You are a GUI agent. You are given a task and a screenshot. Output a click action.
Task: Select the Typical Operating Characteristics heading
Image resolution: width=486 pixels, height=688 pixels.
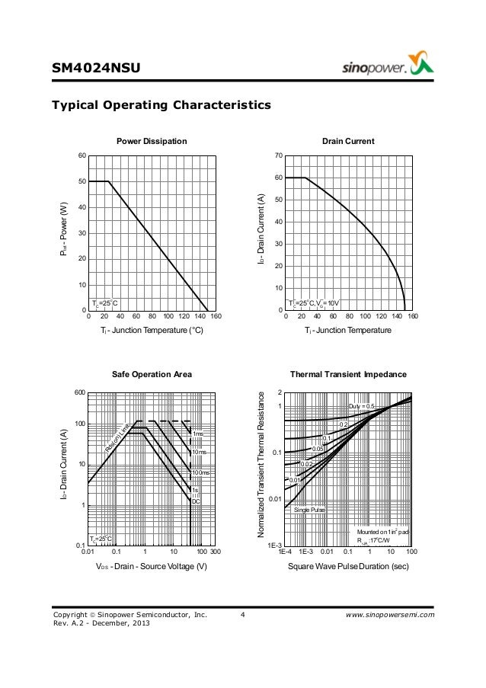click(x=161, y=104)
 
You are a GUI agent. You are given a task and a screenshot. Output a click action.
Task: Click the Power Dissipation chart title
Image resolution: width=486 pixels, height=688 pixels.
click(x=151, y=142)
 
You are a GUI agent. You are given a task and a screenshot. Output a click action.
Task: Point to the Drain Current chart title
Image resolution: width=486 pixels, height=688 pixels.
click(x=348, y=142)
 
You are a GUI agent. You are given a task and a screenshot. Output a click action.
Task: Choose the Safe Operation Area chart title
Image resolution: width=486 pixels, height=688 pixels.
click(x=152, y=375)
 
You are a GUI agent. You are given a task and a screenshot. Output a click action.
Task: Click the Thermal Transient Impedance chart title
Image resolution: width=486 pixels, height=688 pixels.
click(x=348, y=375)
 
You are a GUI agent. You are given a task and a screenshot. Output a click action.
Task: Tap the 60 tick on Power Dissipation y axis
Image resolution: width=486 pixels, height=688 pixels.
click(x=80, y=155)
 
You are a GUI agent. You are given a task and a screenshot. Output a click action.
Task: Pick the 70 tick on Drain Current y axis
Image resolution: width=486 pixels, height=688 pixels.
click(x=278, y=155)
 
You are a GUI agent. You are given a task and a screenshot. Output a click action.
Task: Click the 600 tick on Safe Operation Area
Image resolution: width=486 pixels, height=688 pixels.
click(x=78, y=393)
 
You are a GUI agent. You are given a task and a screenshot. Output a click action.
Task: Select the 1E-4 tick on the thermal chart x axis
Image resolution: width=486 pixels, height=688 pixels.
click(x=285, y=552)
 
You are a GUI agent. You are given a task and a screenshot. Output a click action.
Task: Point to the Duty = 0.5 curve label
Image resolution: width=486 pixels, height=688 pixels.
click(x=362, y=405)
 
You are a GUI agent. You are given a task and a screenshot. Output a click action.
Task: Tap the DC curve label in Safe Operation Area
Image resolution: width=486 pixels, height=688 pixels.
click(x=195, y=501)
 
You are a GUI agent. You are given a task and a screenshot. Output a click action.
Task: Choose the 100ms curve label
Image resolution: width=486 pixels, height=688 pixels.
click(x=200, y=473)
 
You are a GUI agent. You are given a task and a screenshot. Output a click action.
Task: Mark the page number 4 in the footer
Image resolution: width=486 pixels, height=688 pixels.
click(x=241, y=613)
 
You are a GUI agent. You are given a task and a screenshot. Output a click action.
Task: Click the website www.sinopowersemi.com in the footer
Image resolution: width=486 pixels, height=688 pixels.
click(x=388, y=613)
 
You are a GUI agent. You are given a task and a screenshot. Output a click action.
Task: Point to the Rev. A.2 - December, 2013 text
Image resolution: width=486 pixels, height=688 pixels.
click(x=101, y=624)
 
